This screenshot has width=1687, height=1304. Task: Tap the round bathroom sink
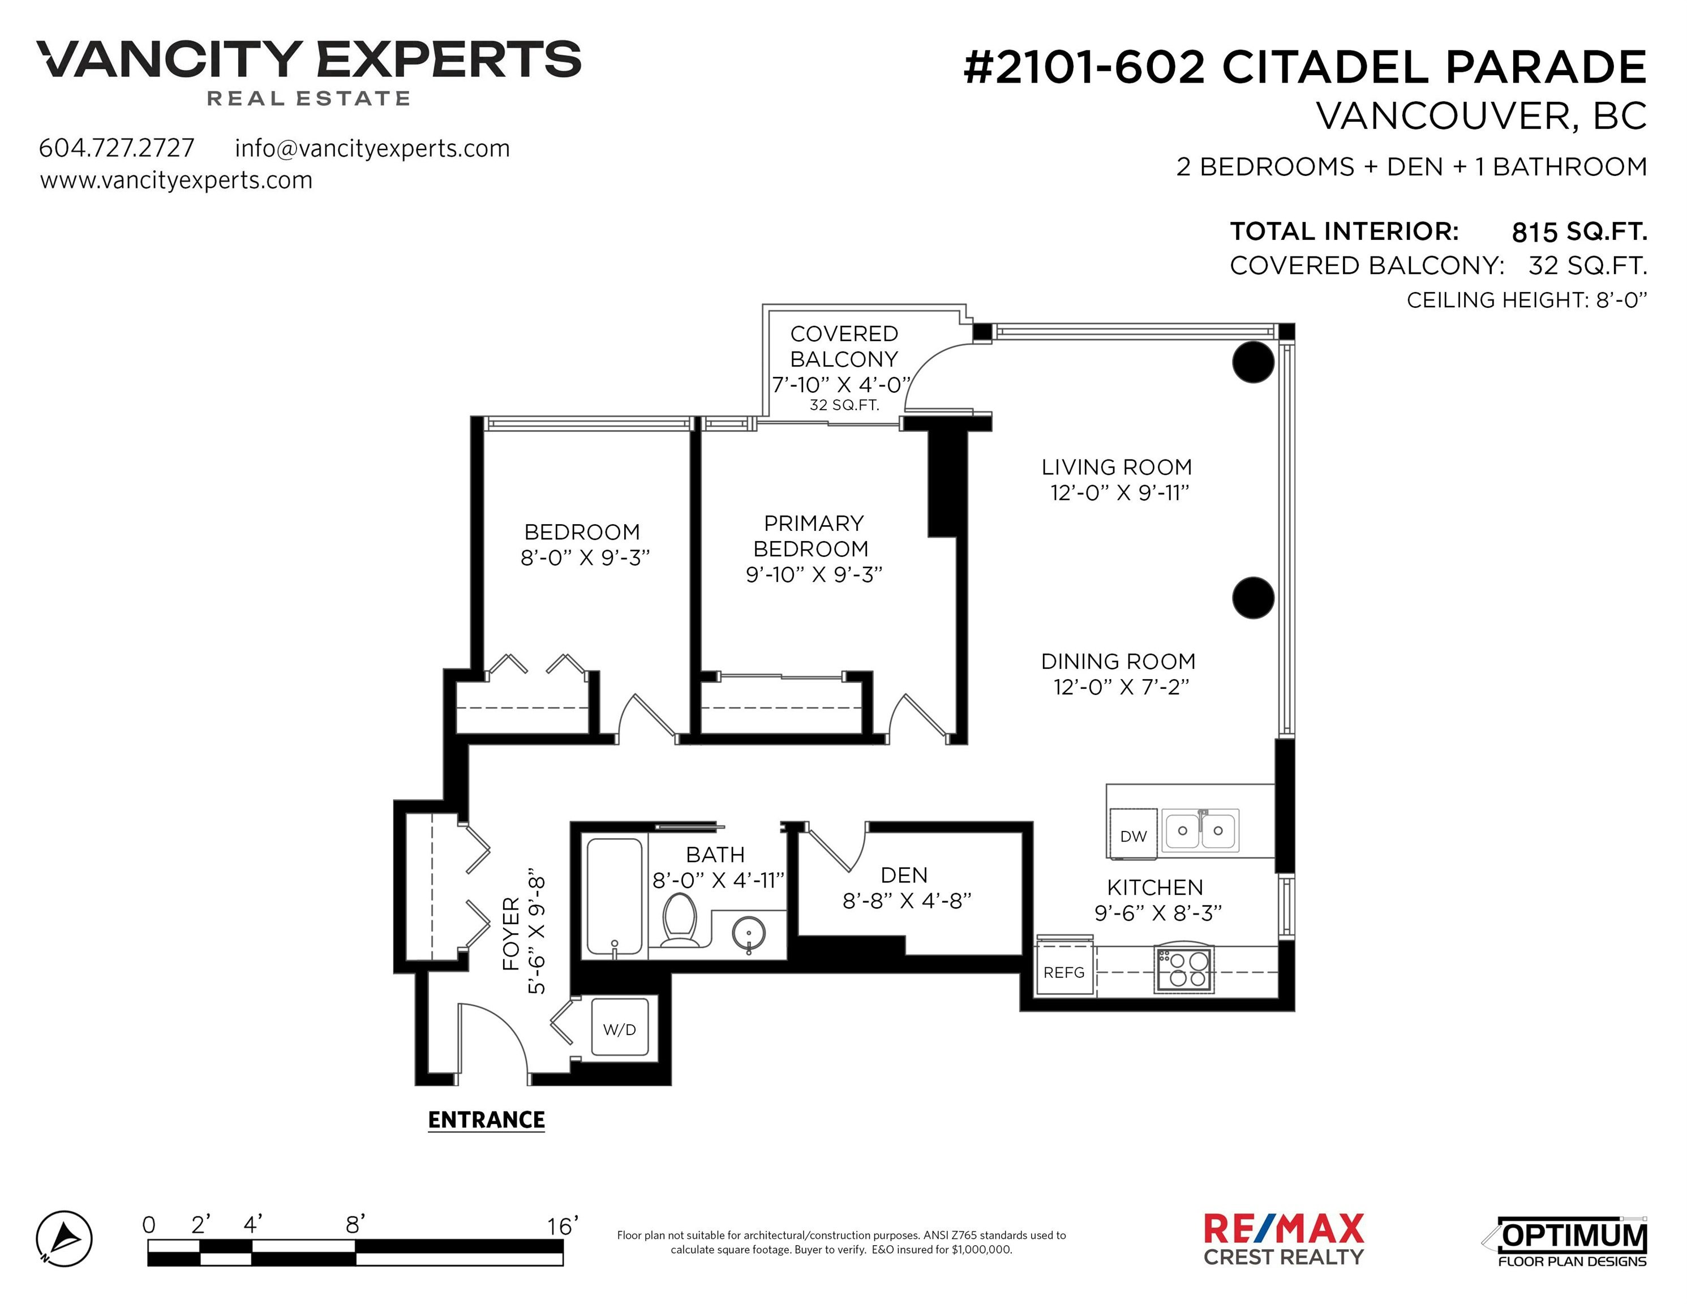point(749,933)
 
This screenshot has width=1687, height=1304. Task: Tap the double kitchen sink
point(1200,830)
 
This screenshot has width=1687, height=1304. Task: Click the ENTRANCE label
point(487,1120)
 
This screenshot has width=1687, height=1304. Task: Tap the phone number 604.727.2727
point(117,148)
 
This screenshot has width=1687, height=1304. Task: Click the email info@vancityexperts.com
point(372,148)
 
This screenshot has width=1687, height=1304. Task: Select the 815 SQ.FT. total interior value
point(1579,231)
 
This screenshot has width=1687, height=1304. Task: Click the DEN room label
point(904,875)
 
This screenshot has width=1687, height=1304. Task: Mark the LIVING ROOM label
point(1117,467)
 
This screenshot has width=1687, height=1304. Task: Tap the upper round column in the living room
point(1253,362)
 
